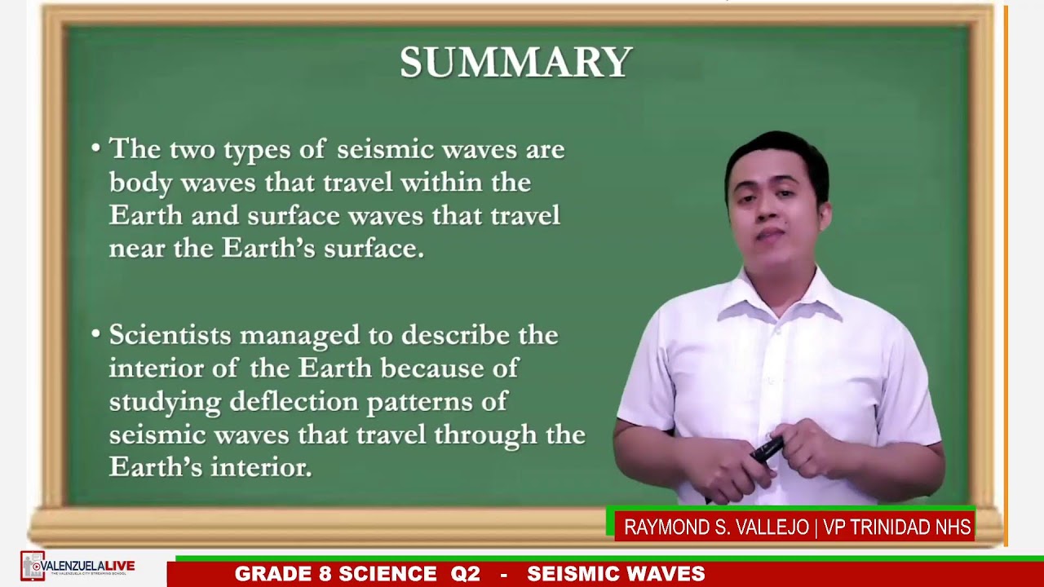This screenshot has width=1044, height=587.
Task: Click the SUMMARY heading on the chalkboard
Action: coord(515,63)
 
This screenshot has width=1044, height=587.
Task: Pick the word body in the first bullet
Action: coord(140,183)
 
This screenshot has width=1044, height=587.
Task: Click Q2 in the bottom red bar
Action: coord(465,574)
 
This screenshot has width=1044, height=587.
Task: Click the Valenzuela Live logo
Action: coord(77,567)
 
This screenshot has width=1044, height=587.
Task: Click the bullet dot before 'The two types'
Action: coord(95,148)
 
